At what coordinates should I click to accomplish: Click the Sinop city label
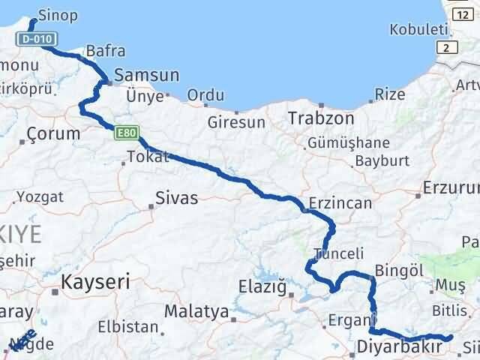pyautogui.click(x=57, y=15)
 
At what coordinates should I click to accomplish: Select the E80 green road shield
pyautogui.click(x=126, y=133)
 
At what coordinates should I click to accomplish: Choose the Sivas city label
pyautogui.click(x=177, y=198)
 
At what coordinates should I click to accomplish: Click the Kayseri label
pyautogui.click(x=95, y=282)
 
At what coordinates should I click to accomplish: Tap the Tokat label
pyautogui.click(x=148, y=157)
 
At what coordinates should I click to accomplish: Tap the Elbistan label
pyautogui.click(x=127, y=328)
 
